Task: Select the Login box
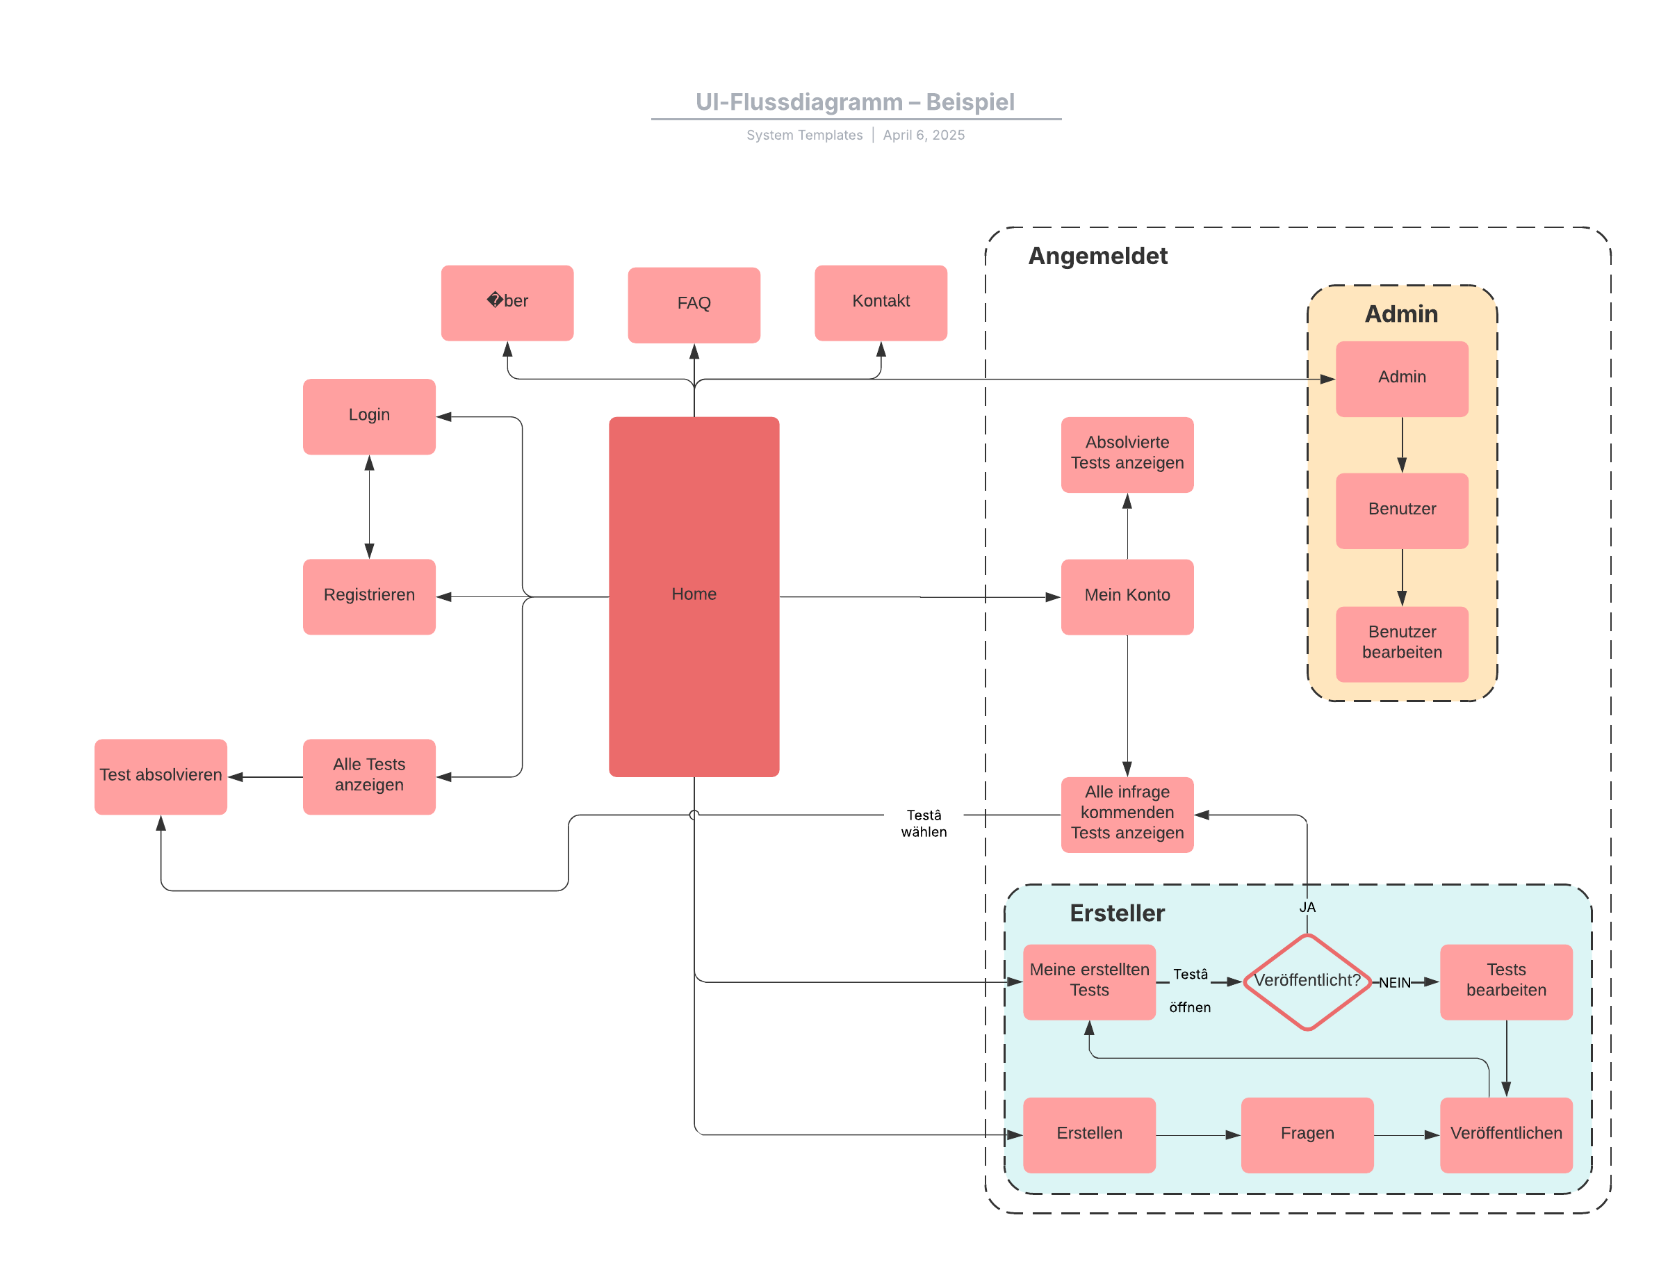[x=369, y=416]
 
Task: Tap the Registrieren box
[x=369, y=596]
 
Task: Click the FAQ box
[x=693, y=304]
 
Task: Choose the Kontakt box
[x=880, y=302]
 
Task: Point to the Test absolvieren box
[x=161, y=776]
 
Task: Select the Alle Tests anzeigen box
[x=369, y=776]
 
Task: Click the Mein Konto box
[x=1126, y=596]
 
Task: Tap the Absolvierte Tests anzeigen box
[x=1126, y=453]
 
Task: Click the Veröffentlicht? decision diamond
[x=1306, y=982]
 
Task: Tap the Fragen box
[x=1306, y=1133]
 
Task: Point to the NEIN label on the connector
[x=1393, y=982]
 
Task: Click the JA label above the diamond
[x=1306, y=906]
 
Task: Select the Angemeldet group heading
[x=1097, y=256]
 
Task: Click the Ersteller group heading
[x=1116, y=913]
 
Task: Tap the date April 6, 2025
[x=923, y=135]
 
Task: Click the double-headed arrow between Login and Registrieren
[x=369, y=507]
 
